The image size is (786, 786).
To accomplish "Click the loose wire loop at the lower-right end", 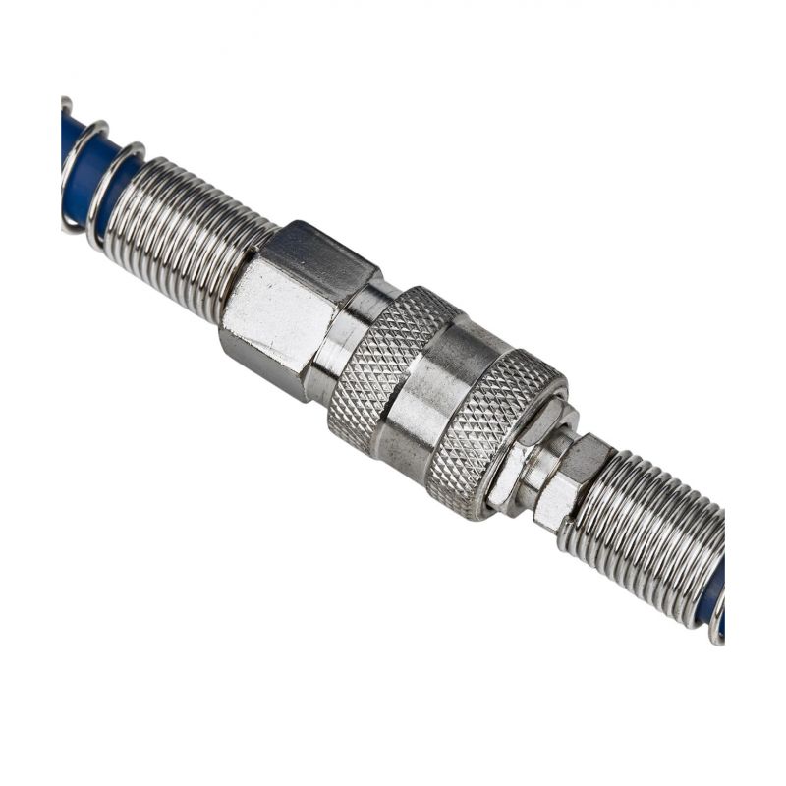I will click(718, 629).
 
